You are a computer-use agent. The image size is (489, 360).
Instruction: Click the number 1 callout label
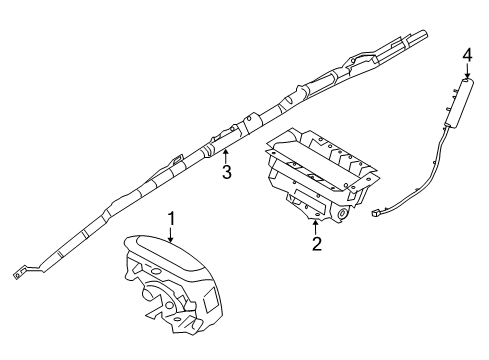click(171, 218)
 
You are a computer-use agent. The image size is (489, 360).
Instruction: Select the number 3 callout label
click(227, 172)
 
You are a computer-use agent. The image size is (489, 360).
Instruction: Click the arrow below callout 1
click(171, 236)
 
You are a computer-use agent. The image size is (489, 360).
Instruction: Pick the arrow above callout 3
click(227, 155)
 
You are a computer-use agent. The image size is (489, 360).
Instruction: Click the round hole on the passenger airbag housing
click(343, 213)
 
